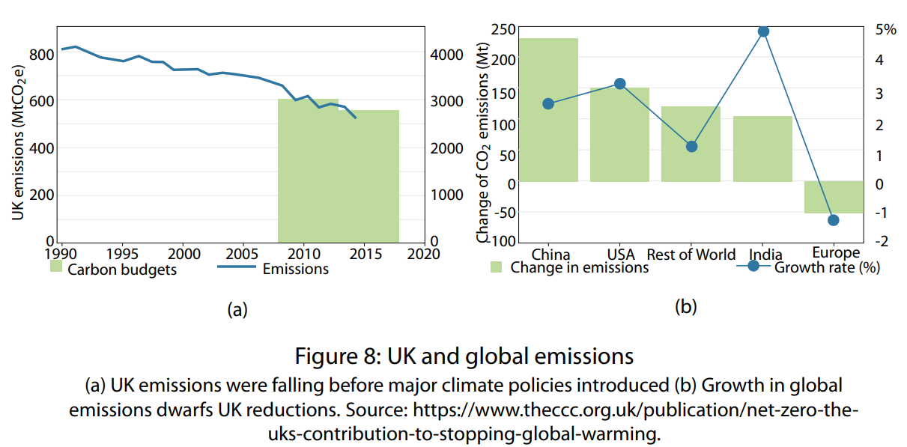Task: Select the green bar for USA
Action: [x=619, y=135]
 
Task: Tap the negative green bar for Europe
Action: [x=834, y=197]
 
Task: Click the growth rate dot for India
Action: [x=763, y=31]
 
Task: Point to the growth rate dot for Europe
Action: [x=834, y=220]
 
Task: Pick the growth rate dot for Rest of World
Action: [x=691, y=147]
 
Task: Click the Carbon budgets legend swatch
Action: [x=56, y=267]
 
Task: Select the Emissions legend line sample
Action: [x=237, y=267]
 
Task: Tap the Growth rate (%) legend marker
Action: [x=753, y=266]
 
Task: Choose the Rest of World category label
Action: [x=691, y=255]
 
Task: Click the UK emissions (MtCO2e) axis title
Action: [x=18, y=142]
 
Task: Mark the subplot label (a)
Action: [x=236, y=309]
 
